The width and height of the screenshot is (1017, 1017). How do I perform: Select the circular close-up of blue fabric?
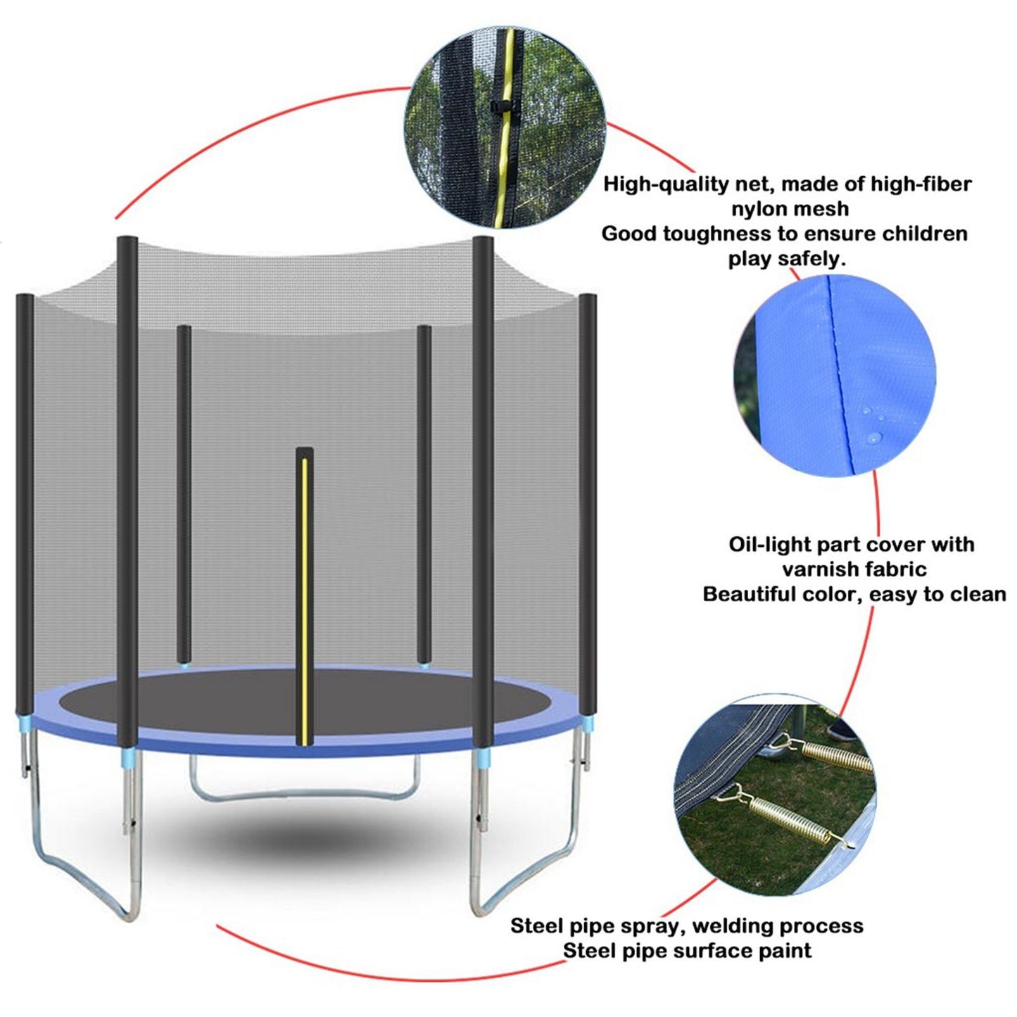pos(835,374)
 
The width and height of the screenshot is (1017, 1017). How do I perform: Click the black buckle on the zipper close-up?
pos(497,107)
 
